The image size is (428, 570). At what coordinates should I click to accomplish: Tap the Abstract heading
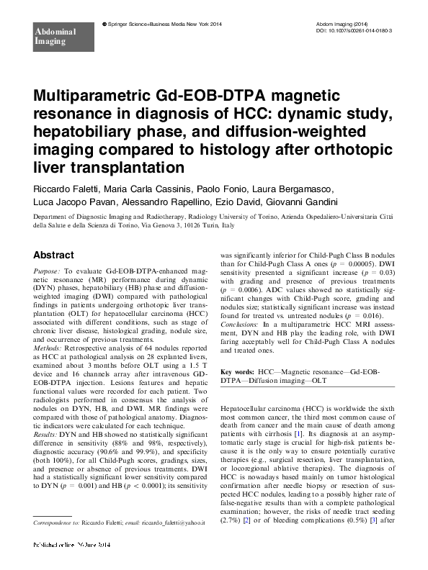(53, 255)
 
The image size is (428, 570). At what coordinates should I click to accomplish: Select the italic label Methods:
(49, 335)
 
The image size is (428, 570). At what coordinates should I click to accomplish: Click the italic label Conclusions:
(243, 324)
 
